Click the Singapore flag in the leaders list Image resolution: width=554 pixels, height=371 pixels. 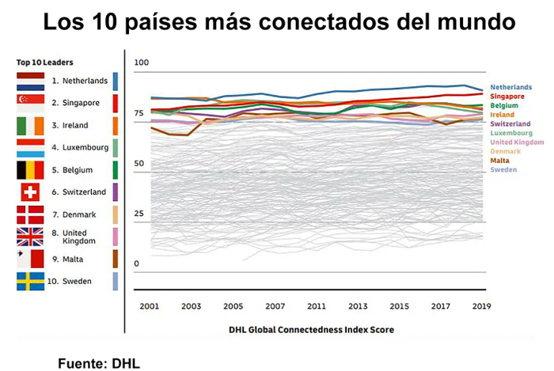point(30,103)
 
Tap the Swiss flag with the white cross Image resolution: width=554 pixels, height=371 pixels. point(30,192)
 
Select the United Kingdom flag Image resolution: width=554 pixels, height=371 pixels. point(30,237)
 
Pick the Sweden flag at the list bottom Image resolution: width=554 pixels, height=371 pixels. point(30,282)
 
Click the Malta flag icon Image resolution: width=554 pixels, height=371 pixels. point(30,259)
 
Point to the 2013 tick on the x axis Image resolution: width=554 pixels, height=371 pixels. point(358,306)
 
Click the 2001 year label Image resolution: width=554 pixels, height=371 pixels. point(150,306)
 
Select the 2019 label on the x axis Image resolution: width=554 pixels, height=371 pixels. point(481,306)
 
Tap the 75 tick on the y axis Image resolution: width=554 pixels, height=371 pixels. point(138,113)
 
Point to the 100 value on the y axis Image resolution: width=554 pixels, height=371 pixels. point(142,62)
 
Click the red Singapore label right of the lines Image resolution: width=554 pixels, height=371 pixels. point(507,97)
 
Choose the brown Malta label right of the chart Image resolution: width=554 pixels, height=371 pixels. point(499,161)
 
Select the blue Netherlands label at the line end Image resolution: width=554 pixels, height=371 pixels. point(511,87)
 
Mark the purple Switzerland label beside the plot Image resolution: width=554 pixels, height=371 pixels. point(510,124)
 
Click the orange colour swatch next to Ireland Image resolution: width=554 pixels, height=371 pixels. point(116,126)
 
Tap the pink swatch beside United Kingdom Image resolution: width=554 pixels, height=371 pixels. point(116,237)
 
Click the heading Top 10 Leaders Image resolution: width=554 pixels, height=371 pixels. point(45,62)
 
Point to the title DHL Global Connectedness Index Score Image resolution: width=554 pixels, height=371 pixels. point(311,330)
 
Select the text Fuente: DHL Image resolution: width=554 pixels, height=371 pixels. point(99,363)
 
